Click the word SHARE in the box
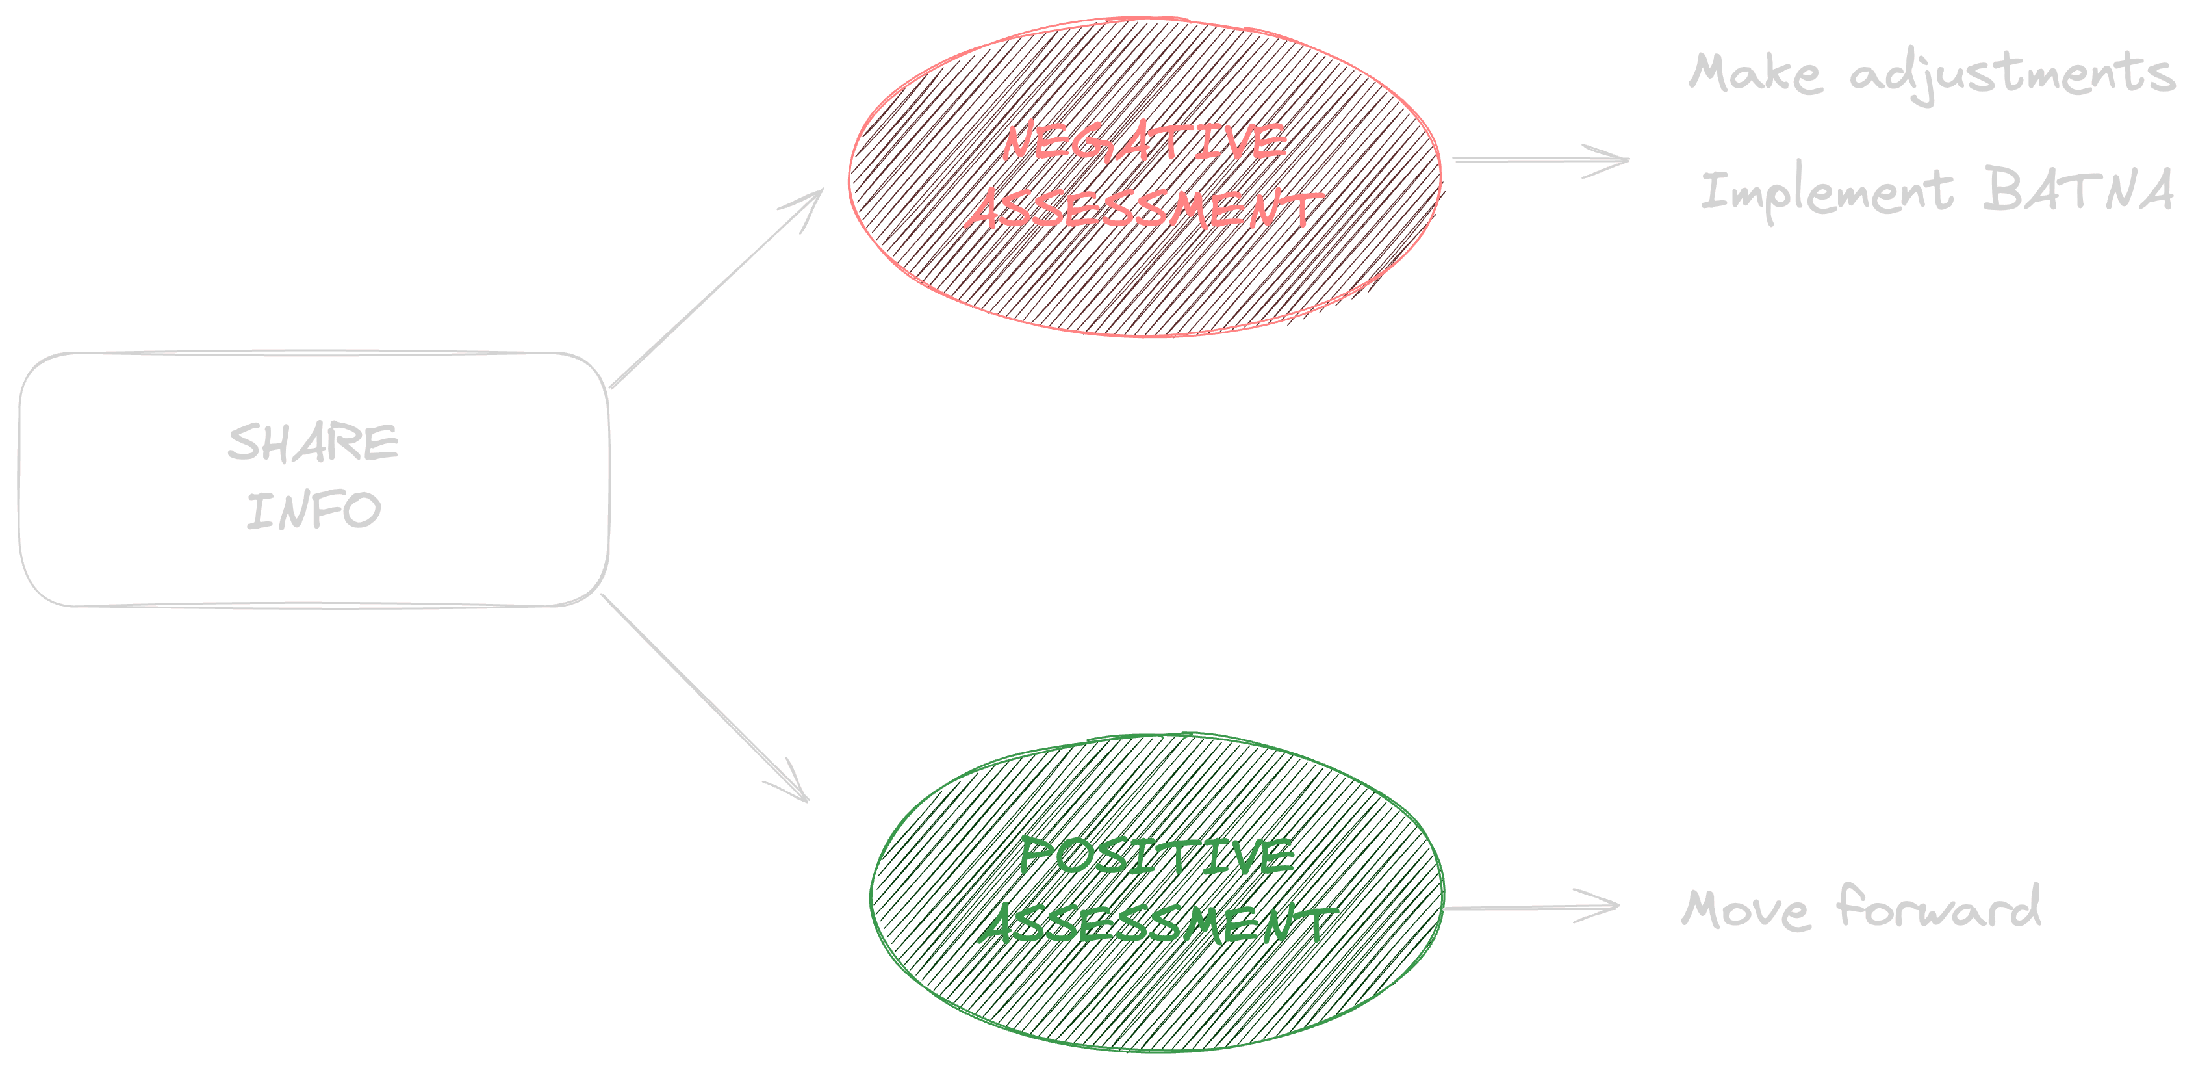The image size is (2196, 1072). click(x=313, y=442)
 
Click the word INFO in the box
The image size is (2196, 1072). click(x=313, y=510)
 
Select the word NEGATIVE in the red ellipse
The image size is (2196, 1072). click(x=1144, y=142)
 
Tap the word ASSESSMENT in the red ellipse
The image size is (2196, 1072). click(x=1144, y=210)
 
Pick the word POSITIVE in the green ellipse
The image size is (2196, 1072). click(x=1157, y=856)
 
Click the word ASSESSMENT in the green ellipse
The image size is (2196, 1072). click(x=1157, y=924)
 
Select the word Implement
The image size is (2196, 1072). click(x=1826, y=192)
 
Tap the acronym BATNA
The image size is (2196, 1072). click(x=2078, y=189)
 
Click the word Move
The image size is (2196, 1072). click(x=1744, y=909)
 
